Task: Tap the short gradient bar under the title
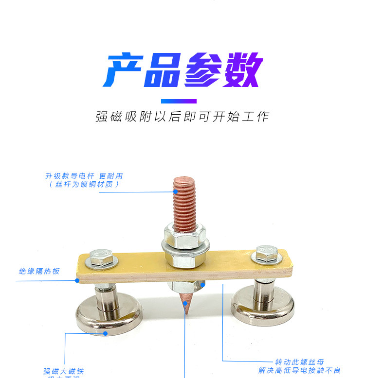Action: tap(179, 101)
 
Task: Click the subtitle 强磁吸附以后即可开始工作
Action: tap(182, 117)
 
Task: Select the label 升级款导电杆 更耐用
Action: tap(84, 176)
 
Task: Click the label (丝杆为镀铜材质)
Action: tap(84, 184)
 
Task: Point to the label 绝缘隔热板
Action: tap(39, 271)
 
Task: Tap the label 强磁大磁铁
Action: tap(64, 371)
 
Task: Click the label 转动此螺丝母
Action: tap(299, 362)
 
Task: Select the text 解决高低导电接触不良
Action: tap(299, 371)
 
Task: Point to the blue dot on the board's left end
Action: tap(77, 280)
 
